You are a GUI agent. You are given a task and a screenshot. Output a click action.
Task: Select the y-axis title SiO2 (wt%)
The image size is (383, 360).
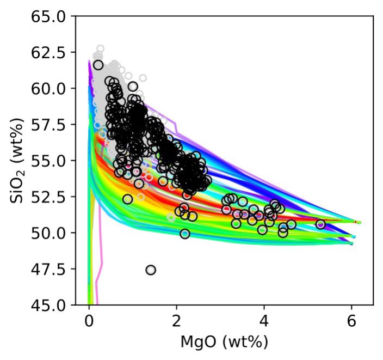(x=16, y=161)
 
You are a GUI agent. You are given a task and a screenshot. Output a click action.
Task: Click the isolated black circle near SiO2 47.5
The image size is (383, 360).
(x=151, y=270)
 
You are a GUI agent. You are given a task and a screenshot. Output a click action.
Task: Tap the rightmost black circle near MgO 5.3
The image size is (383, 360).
(x=320, y=224)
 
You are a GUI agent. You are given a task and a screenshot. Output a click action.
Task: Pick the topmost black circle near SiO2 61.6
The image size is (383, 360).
(x=98, y=65)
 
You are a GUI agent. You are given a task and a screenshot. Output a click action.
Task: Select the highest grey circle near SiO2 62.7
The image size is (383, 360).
(x=100, y=48)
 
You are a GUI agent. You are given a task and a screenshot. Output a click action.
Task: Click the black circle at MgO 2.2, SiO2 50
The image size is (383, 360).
(x=185, y=234)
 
